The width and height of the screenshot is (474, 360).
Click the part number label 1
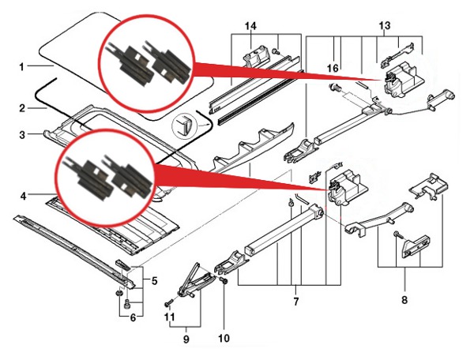coord(22,67)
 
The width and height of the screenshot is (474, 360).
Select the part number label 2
coord(22,107)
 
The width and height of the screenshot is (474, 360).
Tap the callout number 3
coord(23,135)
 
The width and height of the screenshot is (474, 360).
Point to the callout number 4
coord(23,195)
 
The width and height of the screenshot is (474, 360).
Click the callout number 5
coord(155,281)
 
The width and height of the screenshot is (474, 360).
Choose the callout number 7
coord(295,302)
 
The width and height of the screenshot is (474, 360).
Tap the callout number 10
coord(224,339)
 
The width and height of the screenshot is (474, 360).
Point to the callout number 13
coord(386,26)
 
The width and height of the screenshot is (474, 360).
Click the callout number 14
coord(252,26)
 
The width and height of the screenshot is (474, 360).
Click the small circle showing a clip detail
coord(186,126)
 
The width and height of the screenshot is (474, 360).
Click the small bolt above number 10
coord(224,280)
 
